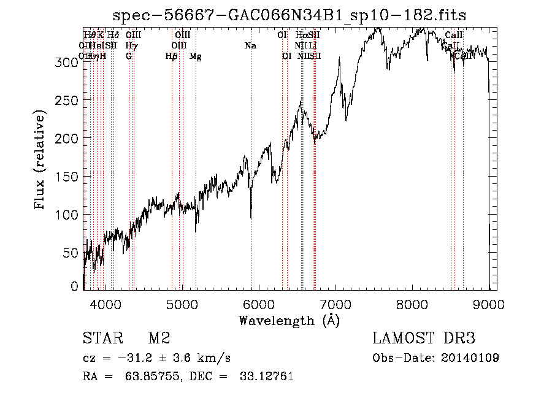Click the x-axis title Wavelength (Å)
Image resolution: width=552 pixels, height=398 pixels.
coord(289,320)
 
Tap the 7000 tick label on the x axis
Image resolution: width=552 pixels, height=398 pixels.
coord(335,304)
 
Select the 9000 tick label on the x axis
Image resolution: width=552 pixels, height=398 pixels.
coord(489,304)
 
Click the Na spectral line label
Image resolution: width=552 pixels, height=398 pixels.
coord(250,45)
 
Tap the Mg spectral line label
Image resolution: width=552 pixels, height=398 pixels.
coord(195,56)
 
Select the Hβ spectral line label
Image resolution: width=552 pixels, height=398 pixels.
coord(172,56)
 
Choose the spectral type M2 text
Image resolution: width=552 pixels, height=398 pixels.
coord(159,339)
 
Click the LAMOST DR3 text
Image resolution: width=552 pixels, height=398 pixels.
coord(424,339)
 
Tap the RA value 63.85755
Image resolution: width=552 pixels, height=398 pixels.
coord(148,377)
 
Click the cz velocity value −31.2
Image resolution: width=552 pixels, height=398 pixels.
coord(140,358)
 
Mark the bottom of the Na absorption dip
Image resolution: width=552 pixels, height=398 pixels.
coord(251,218)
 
